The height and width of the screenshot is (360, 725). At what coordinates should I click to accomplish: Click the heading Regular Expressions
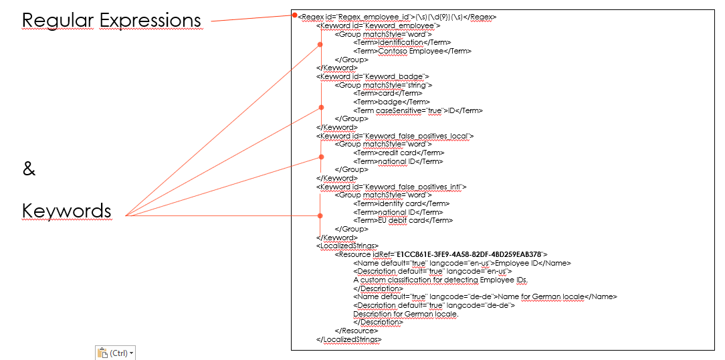[x=111, y=21]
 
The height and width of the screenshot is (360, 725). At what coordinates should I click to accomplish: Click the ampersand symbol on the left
[x=29, y=169]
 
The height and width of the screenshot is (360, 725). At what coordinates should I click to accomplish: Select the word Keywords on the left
[x=66, y=211]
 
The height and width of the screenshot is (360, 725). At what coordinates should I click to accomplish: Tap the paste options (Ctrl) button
[x=115, y=353]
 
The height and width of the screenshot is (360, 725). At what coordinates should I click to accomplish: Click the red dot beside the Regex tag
[x=294, y=16]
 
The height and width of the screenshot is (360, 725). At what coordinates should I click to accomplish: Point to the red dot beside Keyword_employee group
[x=320, y=45]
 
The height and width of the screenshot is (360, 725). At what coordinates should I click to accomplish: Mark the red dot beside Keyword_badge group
[x=320, y=107]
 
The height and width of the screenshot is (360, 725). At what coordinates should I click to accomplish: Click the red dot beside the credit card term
[x=320, y=158]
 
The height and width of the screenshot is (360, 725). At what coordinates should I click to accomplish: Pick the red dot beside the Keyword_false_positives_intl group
[x=320, y=215]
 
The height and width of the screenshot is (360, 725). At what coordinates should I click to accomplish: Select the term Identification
[x=401, y=42]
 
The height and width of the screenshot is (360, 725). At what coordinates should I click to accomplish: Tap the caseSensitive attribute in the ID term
[x=399, y=110]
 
